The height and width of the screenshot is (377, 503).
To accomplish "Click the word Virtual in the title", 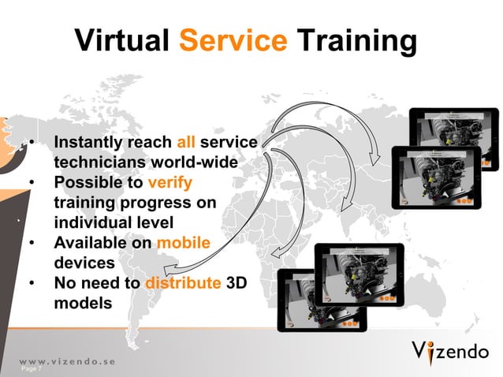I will tap(122, 41).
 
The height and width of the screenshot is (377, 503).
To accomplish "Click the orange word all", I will tap(186, 143).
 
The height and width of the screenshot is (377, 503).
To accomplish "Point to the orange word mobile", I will tap(184, 243).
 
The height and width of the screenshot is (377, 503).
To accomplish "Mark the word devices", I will tap(84, 263).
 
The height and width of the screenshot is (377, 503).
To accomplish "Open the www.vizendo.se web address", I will tap(67, 360).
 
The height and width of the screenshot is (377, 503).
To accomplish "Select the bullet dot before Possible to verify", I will tap(32, 183).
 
